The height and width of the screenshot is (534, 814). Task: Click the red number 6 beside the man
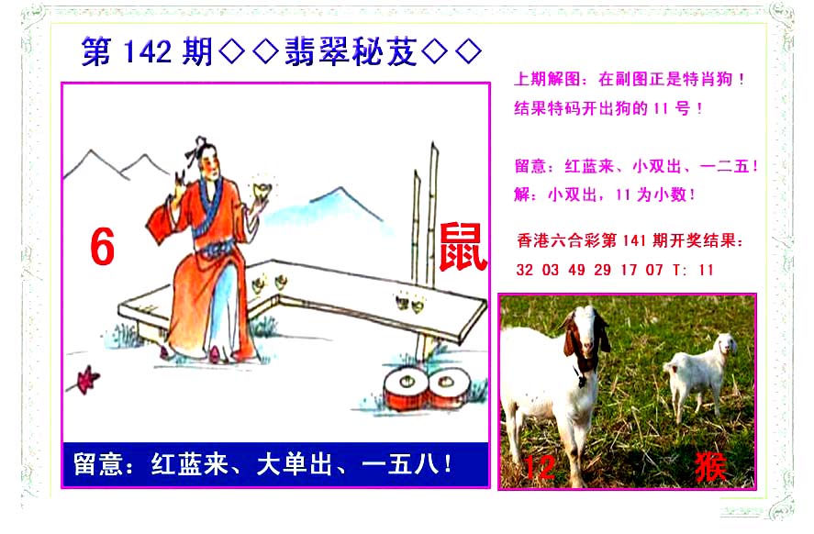coord(102,247)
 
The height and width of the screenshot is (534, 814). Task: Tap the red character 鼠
coord(463,247)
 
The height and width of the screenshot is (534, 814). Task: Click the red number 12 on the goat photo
coord(540,467)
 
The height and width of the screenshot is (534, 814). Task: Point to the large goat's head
coord(585,338)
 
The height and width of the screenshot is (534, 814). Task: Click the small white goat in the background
coord(700,372)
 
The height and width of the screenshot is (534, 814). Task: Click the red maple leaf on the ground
coord(87,379)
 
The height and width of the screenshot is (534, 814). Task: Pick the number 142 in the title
coord(148,51)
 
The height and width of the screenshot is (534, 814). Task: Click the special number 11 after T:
coord(706,270)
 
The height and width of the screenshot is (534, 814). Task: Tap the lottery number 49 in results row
coord(576,270)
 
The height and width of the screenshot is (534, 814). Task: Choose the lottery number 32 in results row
coord(524,270)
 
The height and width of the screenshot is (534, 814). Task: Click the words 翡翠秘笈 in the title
coord(351,51)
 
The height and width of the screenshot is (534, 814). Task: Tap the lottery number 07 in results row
coord(654,270)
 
